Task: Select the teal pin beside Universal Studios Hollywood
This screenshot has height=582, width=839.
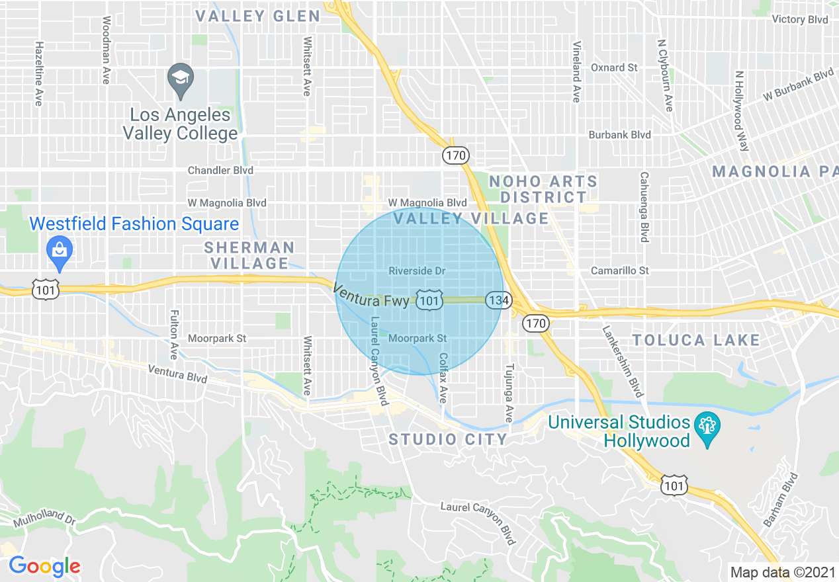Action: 707,424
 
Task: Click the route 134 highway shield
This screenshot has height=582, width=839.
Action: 498,300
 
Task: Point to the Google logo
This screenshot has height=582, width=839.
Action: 44,566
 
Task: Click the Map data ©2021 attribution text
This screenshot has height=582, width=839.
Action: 783,571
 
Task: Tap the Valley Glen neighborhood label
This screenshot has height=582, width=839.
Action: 258,17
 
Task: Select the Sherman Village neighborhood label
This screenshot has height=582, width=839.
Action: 249,255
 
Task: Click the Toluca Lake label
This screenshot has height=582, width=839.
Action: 696,340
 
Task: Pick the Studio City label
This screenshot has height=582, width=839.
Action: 448,439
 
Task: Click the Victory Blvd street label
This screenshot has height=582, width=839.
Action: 800,19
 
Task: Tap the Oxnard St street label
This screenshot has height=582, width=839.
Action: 614,67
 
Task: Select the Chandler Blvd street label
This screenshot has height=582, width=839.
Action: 220,170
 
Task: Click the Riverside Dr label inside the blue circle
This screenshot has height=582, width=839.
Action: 417,271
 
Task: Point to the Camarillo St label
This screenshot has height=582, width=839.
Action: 620,270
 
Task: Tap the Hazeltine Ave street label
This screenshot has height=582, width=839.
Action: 39,73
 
